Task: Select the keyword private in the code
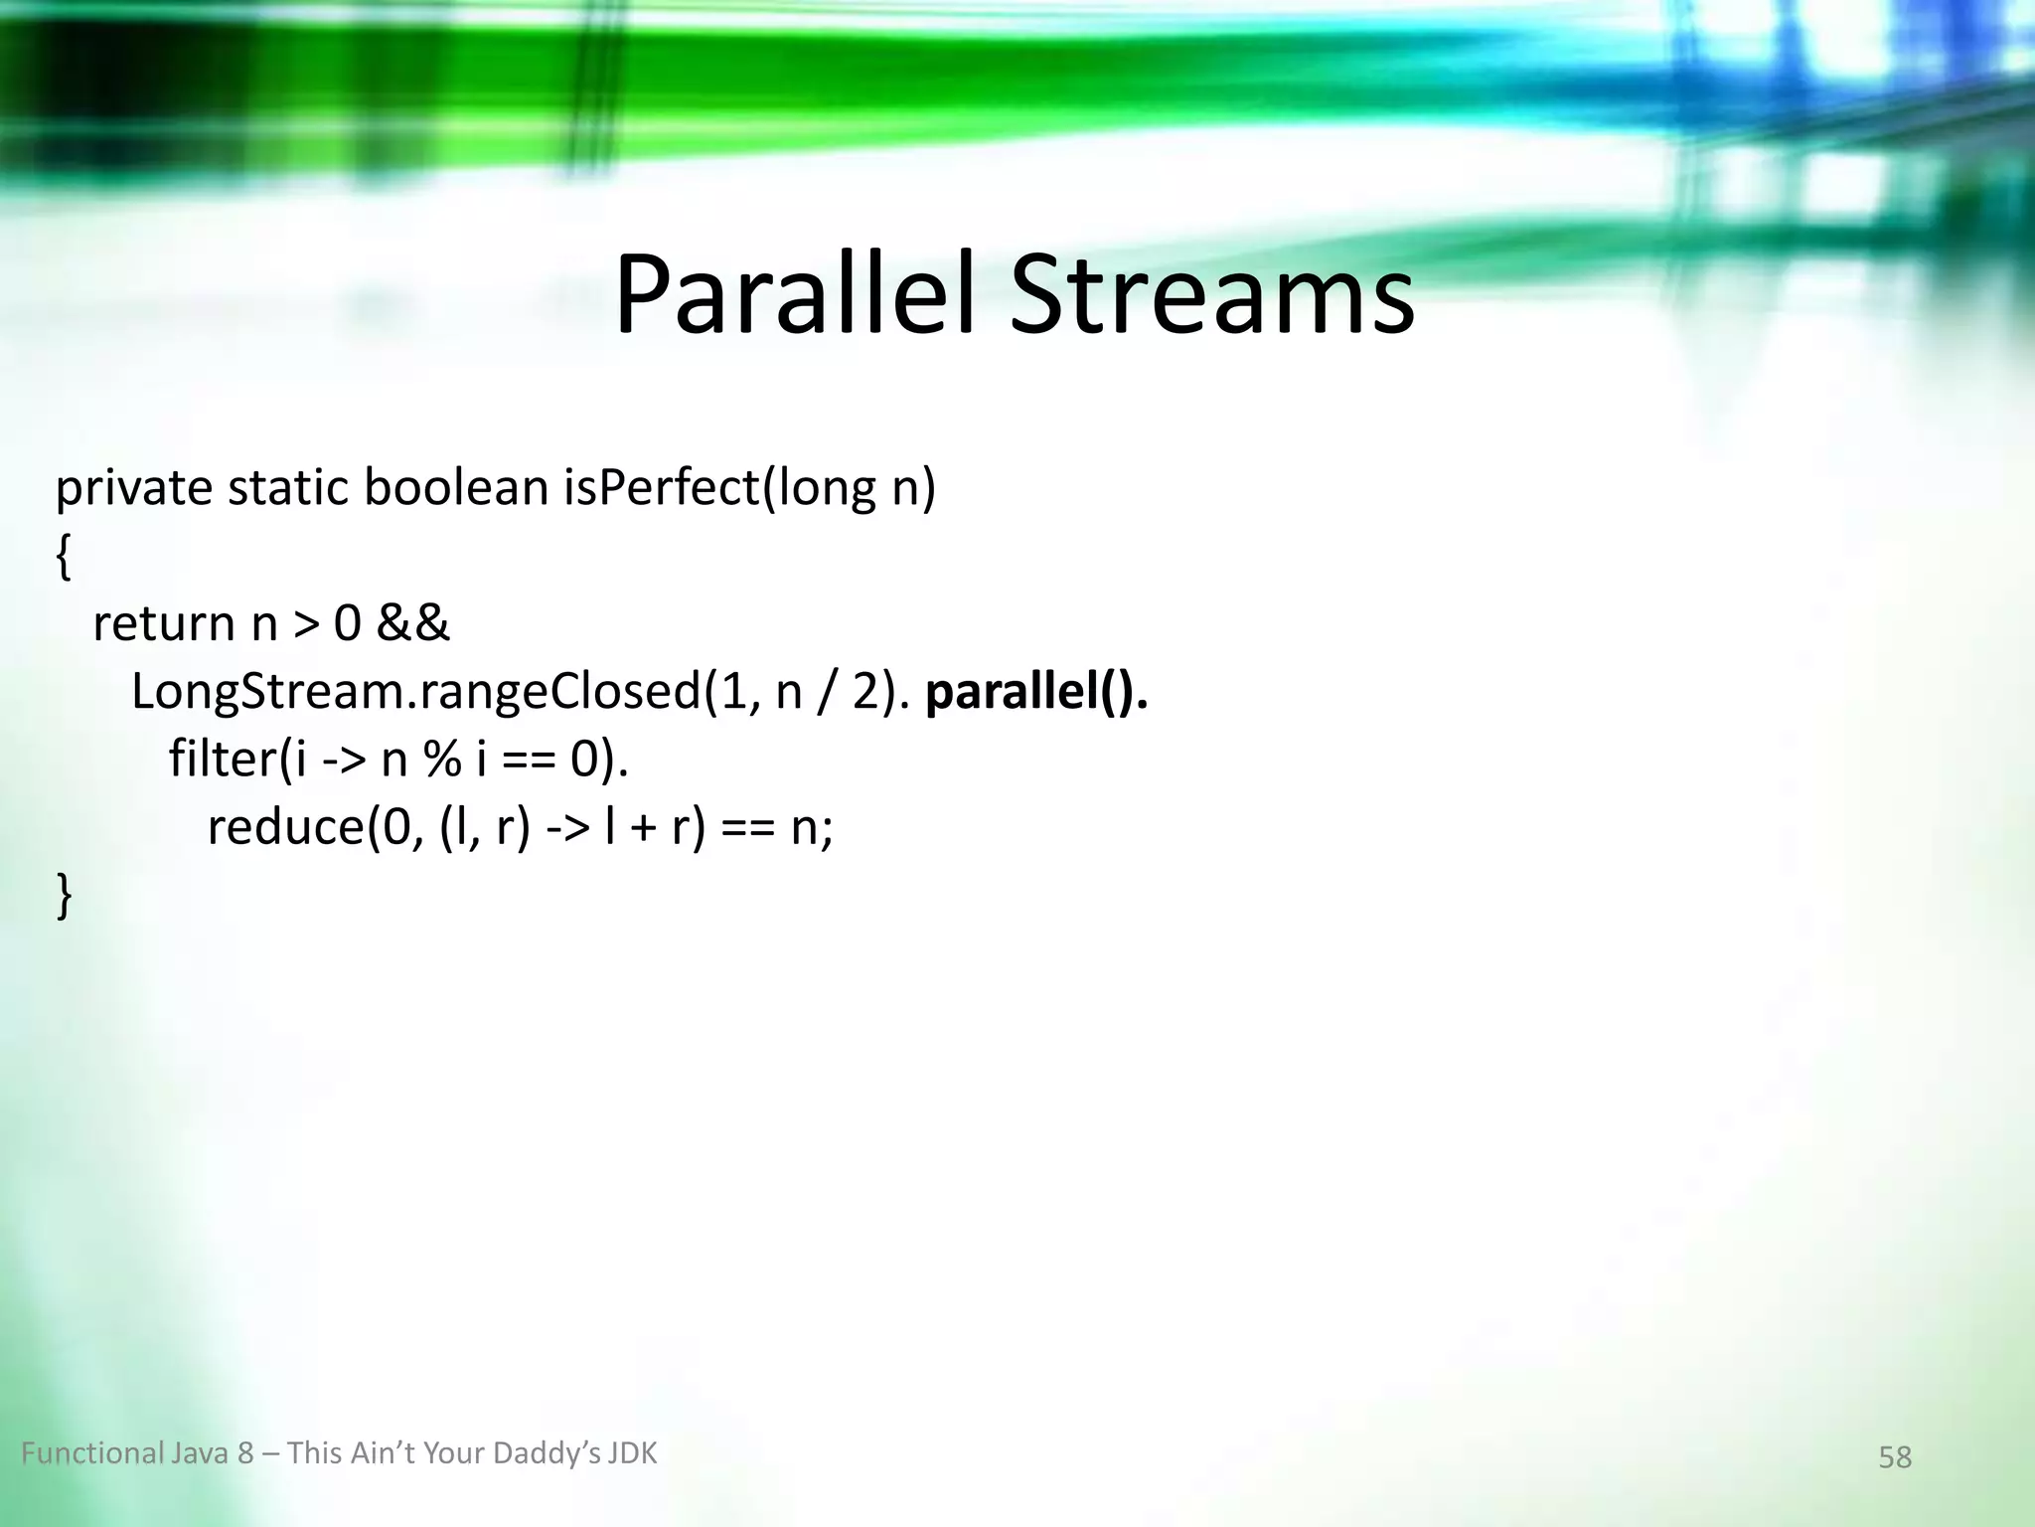[x=133, y=489]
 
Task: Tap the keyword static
[x=287, y=489]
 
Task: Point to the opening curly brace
[x=64, y=558]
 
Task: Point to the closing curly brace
[x=64, y=894]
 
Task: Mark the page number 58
[x=1894, y=1457]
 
